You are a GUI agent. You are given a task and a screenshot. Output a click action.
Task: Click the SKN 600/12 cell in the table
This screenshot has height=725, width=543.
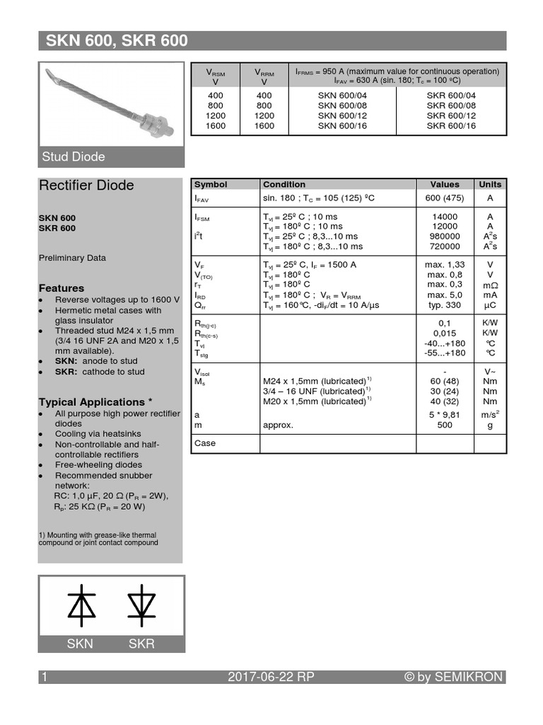[342, 116]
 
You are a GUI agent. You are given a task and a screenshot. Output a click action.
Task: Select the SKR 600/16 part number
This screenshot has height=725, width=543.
[451, 126]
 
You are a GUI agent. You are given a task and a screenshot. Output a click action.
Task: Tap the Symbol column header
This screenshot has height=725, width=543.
[211, 184]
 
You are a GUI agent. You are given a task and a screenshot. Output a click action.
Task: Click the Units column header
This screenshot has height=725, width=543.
[490, 184]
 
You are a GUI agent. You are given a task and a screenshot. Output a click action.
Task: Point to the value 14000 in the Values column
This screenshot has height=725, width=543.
[444, 217]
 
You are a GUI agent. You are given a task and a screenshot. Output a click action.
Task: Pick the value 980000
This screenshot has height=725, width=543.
[444, 236]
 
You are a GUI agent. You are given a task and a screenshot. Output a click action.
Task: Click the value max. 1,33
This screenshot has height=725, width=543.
[445, 264]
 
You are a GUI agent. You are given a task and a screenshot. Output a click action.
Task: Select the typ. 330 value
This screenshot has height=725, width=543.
[445, 304]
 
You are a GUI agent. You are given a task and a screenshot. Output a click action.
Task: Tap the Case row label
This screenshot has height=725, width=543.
[205, 443]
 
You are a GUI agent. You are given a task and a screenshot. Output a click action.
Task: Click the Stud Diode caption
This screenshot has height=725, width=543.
[74, 156]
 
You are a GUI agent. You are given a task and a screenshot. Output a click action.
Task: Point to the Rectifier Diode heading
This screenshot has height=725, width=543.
[86, 185]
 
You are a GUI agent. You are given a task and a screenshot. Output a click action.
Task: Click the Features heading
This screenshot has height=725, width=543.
[61, 288]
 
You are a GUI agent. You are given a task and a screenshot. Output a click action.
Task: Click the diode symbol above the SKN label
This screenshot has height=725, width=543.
[81, 603]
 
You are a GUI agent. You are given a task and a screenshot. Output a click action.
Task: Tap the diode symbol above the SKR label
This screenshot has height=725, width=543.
[141, 603]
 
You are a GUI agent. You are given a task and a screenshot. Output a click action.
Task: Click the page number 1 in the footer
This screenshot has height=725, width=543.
[45, 677]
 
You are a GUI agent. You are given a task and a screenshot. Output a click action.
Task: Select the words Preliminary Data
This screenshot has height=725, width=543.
[72, 258]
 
